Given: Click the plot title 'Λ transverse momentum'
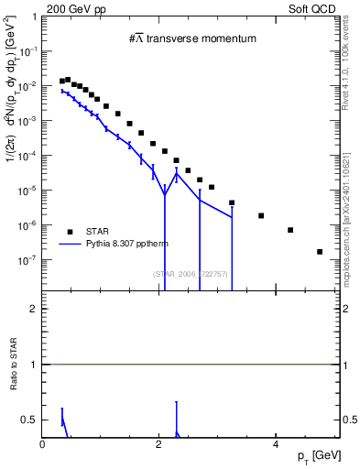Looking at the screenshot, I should pos(192,38).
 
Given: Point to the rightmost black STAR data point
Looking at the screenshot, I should pos(320,251).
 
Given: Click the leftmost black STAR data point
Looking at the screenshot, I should pos(61,82).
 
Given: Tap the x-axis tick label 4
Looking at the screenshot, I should pos(276,444).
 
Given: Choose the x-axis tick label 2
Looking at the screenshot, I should pos(159,444).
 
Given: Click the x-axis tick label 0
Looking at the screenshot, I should pos(43,444).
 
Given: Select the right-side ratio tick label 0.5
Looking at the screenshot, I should pos(349,420).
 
